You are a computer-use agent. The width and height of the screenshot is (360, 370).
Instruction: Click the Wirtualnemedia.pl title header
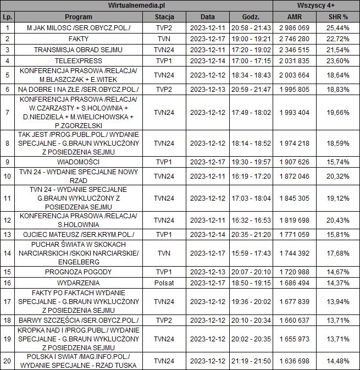point(137,5)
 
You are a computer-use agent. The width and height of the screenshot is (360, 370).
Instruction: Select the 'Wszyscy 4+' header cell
point(317,5)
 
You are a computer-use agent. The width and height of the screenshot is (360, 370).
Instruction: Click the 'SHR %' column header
point(338,16)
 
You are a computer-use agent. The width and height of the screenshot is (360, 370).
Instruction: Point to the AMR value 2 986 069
point(295,27)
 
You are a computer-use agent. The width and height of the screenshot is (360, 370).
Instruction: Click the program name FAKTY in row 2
point(79,39)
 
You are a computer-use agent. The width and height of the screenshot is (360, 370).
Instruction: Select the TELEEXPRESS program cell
point(79,61)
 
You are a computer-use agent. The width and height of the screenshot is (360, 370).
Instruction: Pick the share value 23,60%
point(338,61)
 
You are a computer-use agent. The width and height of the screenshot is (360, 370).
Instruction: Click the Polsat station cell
point(164,283)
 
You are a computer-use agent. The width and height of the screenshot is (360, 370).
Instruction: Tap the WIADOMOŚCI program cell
point(79,162)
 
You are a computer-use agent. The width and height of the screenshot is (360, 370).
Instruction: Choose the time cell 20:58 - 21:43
point(250,27)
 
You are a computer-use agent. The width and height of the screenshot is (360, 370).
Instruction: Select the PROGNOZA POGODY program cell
point(79,272)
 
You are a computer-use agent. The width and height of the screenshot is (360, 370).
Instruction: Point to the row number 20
point(7,361)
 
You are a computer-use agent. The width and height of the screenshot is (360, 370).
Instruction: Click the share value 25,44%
point(338,27)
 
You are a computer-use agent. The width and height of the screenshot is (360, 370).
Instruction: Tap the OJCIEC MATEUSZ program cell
point(79,235)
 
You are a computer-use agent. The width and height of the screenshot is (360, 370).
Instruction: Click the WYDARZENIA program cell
point(79,283)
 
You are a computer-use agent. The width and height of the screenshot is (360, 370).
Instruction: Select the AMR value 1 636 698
point(295,361)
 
